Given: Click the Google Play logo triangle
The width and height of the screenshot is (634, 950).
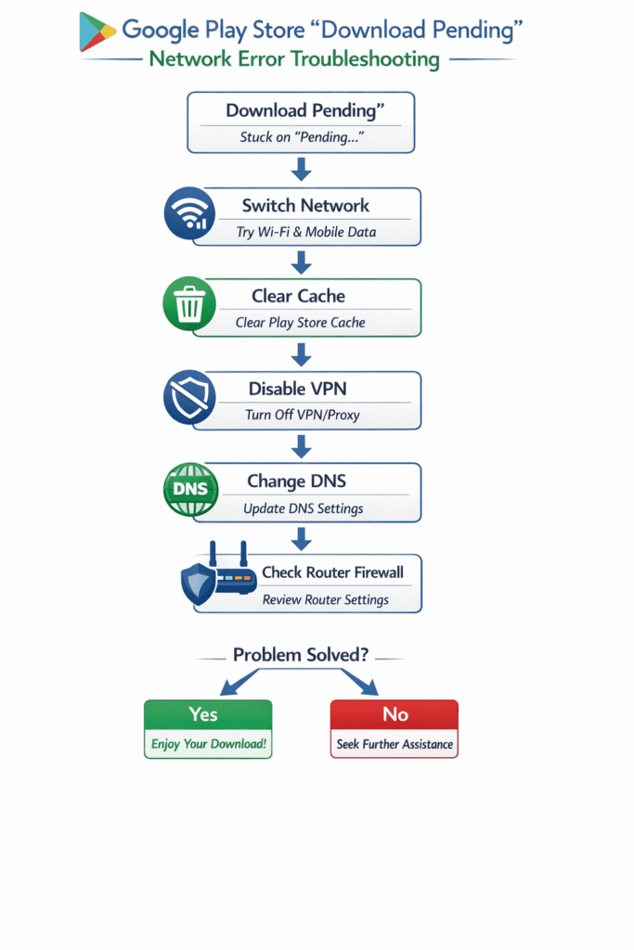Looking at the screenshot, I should pyautogui.click(x=96, y=32).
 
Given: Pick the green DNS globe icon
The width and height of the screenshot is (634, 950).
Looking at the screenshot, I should pyautogui.click(x=189, y=490).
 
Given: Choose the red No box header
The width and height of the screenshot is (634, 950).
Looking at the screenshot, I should pyautogui.click(x=394, y=714).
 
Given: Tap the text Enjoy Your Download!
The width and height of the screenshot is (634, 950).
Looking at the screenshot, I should pyautogui.click(x=208, y=744).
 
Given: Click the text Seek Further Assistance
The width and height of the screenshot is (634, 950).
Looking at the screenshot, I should pyautogui.click(x=395, y=744).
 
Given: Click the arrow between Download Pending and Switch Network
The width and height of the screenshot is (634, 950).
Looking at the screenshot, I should pyautogui.click(x=300, y=170).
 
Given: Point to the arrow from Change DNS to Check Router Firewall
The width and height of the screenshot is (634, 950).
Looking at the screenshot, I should pyautogui.click(x=300, y=538).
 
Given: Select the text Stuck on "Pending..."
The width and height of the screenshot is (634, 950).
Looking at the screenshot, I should pyautogui.click(x=300, y=137).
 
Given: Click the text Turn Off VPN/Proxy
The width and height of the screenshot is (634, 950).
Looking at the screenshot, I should pyautogui.click(x=302, y=415).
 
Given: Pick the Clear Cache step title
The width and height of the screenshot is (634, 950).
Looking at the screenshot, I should pyautogui.click(x=298, y=296).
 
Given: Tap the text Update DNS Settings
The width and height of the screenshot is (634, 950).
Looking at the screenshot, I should pyautogui.click(x=303, y=508).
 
